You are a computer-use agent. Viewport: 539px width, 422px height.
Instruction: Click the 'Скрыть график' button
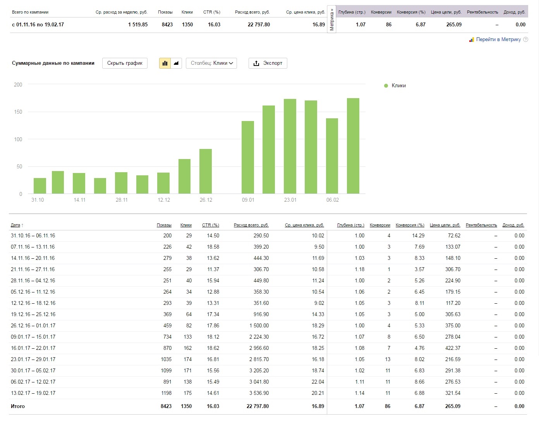125,63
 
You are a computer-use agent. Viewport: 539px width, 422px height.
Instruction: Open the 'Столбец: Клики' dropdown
211,63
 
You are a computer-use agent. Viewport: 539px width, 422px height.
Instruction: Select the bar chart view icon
165,63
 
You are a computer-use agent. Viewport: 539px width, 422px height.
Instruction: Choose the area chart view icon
176,63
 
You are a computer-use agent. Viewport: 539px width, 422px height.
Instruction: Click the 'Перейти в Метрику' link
498,40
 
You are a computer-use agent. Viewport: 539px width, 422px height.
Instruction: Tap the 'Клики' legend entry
395,85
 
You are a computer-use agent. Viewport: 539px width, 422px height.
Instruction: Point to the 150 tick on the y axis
18,112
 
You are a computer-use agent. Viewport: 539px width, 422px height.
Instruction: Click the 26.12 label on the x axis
206,200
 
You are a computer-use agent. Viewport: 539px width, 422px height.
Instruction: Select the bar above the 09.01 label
248,157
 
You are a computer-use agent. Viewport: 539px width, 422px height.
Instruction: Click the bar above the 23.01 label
290,146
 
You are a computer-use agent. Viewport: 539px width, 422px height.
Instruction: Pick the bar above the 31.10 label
39,186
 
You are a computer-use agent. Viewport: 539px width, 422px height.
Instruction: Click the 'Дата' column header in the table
15,225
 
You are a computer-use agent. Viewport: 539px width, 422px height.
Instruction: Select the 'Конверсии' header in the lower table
380,225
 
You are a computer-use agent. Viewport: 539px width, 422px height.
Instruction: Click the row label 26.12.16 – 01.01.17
33,325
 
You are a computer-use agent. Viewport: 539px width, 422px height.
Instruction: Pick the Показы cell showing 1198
166,393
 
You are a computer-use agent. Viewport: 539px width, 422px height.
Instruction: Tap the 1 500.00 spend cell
259,325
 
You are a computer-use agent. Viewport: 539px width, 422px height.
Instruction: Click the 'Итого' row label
17,406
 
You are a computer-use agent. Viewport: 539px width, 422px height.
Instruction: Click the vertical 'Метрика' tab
331,19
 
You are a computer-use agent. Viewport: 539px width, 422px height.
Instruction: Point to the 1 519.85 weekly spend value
138,24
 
